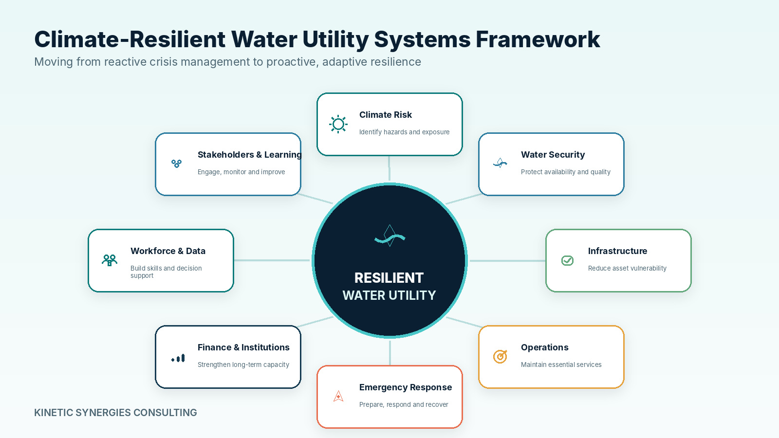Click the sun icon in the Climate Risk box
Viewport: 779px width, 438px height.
pyautogui.click(x=338, y=124)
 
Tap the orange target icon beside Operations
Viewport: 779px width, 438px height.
pyautogui.click(x=500, y=356)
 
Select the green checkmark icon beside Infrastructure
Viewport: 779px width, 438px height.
pyautogui.click(x=567, y=260)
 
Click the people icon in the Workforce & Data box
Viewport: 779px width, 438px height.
pyautogui.click(x=110, y=260)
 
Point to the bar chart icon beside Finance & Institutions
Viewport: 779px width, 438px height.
pyautogui.click(x=178, y=358)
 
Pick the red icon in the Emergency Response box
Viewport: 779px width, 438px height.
pyautogui.click(x=338, y=396)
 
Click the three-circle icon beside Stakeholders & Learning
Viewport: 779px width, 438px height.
pyautogui.click(x=177, y=164)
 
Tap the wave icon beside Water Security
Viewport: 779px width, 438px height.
pyautogui.click(x=500, y=163)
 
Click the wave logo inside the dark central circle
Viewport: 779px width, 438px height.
pyautogui.click(x=390, y=236)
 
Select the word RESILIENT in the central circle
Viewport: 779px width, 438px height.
pyautogui.click(x=389, y=278)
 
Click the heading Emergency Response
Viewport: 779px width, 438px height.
pyautogui.click(x=406, y=387)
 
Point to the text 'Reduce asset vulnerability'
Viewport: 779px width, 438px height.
pyautogui.click(x=628, y=268)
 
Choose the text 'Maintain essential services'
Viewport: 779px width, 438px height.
pyautogui.click(x=561, y=365)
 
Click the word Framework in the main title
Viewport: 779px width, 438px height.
pyautogui.click(x=538, y=39)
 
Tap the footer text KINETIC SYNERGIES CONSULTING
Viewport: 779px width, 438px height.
pyautogui.click(x=115, y=413)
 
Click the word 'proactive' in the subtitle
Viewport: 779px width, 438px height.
pyautogui.click(x=292, y=62)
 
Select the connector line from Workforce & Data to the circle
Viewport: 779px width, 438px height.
pyautogui.click(x=272, y=260)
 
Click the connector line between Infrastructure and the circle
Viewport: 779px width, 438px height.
pyautogui.click(x=508, y=260)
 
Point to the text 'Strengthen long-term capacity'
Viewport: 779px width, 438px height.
pyautogui.click(x=243, y=365)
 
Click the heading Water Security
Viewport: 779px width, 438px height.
pyautogui.click(x=553, y=155)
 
